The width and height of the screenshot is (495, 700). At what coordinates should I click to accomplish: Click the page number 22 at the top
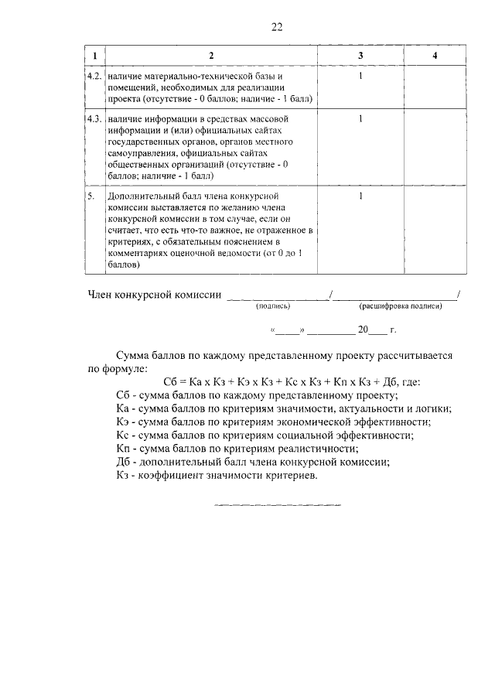(x=277, y=28)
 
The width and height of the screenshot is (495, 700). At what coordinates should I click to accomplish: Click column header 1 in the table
(x=94, y=56)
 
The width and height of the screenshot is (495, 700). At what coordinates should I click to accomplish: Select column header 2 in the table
(x=211, y=56)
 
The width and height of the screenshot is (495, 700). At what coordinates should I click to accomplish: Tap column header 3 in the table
(x=360, y=56)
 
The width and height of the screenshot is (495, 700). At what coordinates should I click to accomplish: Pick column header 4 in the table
(x=435, y=56)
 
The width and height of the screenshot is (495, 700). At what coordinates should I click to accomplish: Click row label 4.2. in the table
(x=94, y=77)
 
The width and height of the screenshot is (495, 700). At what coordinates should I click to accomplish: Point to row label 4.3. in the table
(x=94, y=120)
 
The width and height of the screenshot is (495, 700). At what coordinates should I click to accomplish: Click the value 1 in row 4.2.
(x=360, y=77)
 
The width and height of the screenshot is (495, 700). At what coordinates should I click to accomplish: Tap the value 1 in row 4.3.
(x=360, y=120)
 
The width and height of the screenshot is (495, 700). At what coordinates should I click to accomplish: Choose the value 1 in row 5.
(x=360, y=196)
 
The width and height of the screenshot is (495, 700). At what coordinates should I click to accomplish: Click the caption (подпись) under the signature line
(x=272, y=306)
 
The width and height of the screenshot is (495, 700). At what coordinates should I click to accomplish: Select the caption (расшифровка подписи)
(x=400, y=306)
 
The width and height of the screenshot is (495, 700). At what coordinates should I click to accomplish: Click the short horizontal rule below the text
(x=277, y=505)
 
